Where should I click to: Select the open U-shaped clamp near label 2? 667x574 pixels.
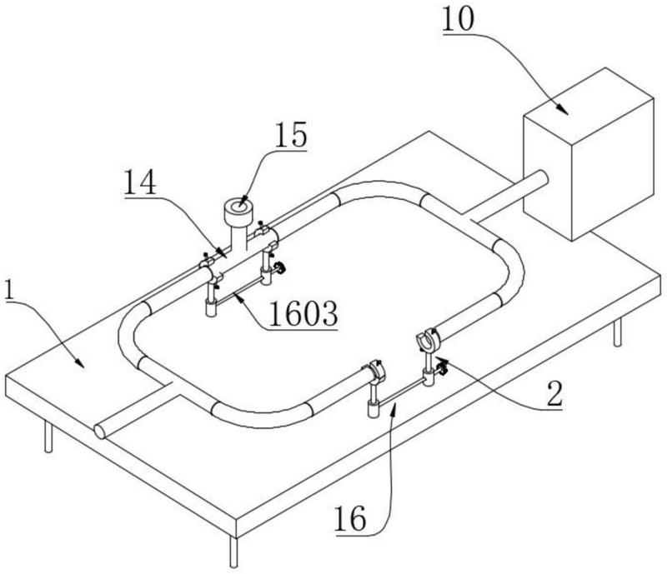point(428,341)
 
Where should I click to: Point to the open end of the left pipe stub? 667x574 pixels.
point(100,431)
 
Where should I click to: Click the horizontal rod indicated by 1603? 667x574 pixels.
point(239,292)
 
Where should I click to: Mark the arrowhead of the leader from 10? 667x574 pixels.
point(568,111)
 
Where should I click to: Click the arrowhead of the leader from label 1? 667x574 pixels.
point(80,364)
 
